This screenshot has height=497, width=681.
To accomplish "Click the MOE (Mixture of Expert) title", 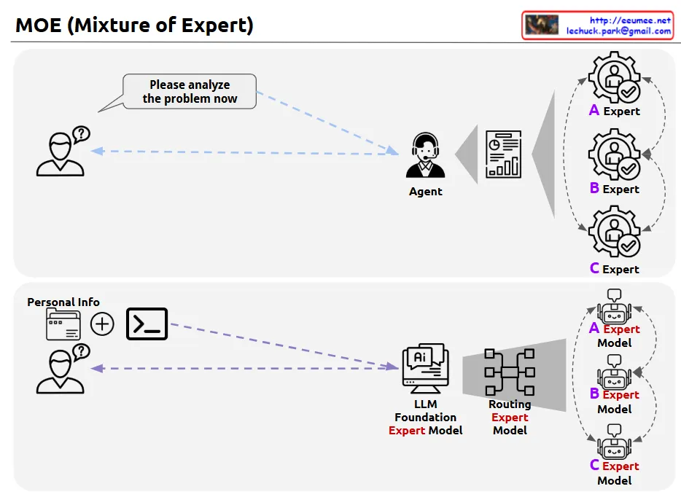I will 134,26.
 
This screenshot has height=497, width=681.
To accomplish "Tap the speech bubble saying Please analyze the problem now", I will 190,92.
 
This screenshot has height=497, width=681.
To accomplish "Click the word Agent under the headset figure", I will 425,192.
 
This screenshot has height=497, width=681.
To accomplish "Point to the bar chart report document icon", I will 504,154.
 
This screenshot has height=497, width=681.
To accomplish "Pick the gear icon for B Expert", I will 614,154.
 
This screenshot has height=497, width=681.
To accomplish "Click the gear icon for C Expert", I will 614,232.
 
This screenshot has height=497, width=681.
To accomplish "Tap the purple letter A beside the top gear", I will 594,110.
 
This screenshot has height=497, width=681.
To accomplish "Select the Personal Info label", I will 63,302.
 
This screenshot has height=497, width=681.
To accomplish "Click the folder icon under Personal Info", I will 63,324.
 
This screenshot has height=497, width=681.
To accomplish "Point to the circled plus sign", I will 102,324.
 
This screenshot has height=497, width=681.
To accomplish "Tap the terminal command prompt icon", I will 147,324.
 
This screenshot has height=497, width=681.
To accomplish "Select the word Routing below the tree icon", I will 510,404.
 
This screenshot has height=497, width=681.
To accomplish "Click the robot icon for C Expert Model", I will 614,444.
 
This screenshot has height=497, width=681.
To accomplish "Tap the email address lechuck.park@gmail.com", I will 619,31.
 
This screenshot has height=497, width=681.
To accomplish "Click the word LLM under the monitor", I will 426,404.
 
